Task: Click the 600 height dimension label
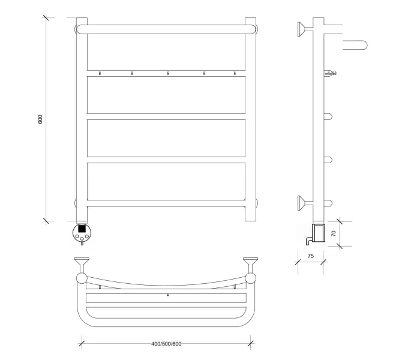tap(40, 119)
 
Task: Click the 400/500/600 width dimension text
tap(166, 344)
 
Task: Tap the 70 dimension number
tap(334, 233)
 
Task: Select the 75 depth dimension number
tap(311, 256)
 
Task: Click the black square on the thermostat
tap(82, 229)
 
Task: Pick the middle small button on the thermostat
tap(82, 238)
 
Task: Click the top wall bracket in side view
tap(305, 29)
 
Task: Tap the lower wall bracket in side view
tap(305, 203)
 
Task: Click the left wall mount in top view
tap(82, 265)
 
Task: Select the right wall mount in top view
tap(250, 265)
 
